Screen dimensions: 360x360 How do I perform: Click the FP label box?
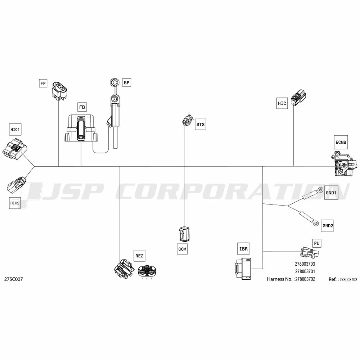point(43,83)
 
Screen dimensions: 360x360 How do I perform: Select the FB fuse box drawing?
point(81,129)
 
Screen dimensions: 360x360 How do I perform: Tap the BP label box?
point(126,82)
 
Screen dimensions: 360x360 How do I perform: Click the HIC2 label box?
point(15,203)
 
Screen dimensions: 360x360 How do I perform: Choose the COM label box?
point(182,249)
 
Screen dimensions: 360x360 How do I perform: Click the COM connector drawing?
point(184,234)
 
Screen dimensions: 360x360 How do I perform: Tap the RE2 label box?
point(139,256)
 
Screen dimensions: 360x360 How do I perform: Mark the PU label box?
point(317,243)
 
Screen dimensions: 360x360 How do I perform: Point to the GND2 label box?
point(328,226)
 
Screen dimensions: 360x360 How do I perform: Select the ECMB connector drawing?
point(344,163)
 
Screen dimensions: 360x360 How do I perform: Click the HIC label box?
point(282,103)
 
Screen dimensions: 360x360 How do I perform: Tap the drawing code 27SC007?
point(14,279)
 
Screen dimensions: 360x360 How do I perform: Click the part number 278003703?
point(305,264)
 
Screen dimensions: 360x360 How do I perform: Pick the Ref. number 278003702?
point(348,279)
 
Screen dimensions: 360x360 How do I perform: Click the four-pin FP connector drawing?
point(59,91)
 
